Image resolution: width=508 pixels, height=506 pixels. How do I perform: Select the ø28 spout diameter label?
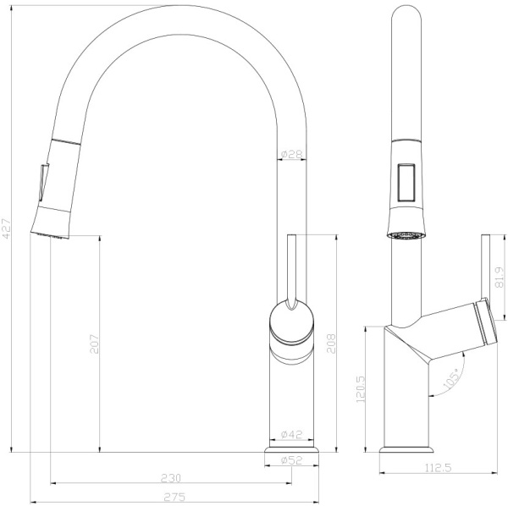(291, 154)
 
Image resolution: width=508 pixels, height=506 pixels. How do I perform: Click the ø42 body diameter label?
(292, 435)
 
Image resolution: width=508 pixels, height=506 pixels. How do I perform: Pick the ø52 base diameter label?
(292, 460)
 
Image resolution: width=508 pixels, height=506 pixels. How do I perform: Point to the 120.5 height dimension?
(362, 388)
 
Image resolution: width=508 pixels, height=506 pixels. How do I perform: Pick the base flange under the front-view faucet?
(292, 458)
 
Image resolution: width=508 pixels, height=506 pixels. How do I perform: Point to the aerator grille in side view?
(405, 234)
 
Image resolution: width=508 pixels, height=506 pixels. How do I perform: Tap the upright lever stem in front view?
(292, 267)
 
